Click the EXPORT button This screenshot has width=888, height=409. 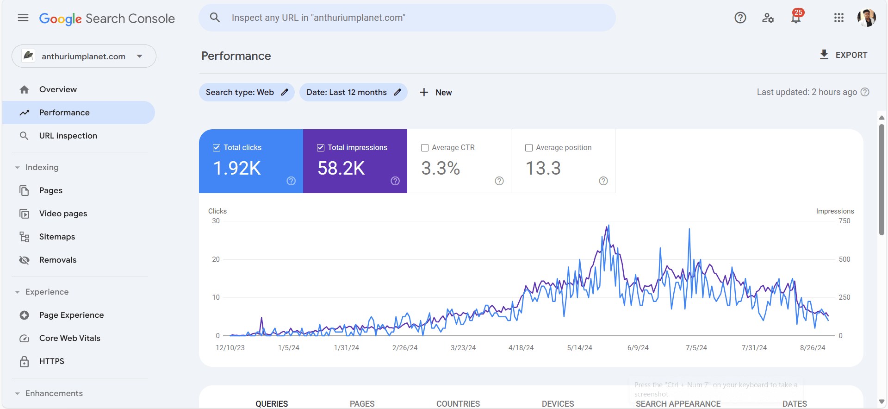(x=843, y=55)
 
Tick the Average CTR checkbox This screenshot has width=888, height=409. (x=425, y=148)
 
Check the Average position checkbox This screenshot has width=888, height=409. (x=529, y=148)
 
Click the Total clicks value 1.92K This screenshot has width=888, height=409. (x=237, y=168)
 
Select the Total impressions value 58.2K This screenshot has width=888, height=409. (x=341, y=168)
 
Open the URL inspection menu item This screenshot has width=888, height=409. (x=68, y=136)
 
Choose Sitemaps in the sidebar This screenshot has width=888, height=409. (x=57, y=237)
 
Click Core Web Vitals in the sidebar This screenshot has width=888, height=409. (x=69, y=338)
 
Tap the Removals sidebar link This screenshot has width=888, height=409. (x=58, y=260)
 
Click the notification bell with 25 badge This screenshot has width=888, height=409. (x=796, y=18)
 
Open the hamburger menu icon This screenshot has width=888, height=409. (x=23, y=18)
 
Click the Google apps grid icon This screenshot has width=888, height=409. (x=839, y=18)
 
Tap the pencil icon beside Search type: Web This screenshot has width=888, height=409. (x=285, y=92)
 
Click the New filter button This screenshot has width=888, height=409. (x=435, y=92)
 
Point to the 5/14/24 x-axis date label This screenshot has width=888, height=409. (x=579, y=348)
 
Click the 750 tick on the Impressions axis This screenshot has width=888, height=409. (x=845, y=221)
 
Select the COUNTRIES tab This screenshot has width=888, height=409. (x=458, y=403)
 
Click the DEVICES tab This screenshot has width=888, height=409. (x=558, y=403)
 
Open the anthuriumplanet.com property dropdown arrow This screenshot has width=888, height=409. (x=139, y=56)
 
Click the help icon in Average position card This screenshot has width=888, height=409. (x=603, y=181)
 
